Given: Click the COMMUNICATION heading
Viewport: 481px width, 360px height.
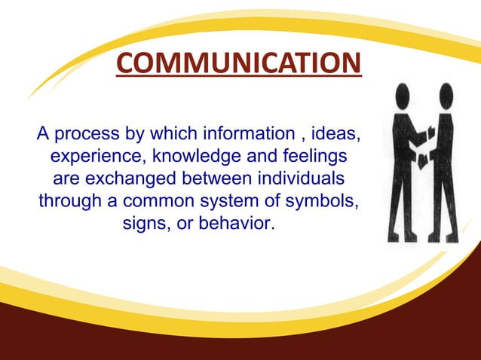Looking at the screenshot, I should tap(239, 63).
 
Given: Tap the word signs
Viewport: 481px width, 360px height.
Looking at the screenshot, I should tap(143, 225).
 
